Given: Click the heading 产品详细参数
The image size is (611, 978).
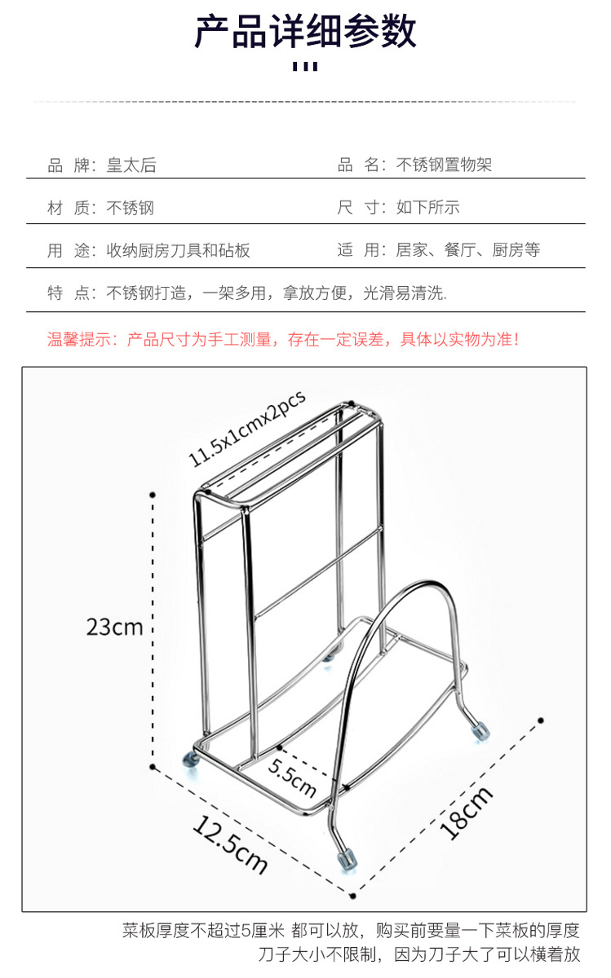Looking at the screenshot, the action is (305, 33).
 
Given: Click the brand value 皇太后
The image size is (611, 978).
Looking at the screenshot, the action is (131, 166).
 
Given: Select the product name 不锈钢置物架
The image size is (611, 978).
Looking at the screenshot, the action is (444, 166).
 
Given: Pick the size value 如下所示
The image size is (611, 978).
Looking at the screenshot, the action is (427, 208).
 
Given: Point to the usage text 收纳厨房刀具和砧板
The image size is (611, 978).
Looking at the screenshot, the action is (178, 251).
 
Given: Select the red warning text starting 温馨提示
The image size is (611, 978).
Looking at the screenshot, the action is (282, 339).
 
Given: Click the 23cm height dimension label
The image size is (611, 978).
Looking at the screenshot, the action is (114, 627).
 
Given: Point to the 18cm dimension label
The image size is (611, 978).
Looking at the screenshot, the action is (466, 812).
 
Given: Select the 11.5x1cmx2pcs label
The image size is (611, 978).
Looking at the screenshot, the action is (246, 428).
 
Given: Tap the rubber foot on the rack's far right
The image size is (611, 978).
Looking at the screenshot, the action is (481, 729).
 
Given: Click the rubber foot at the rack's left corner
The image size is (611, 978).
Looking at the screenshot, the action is (191, 760).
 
